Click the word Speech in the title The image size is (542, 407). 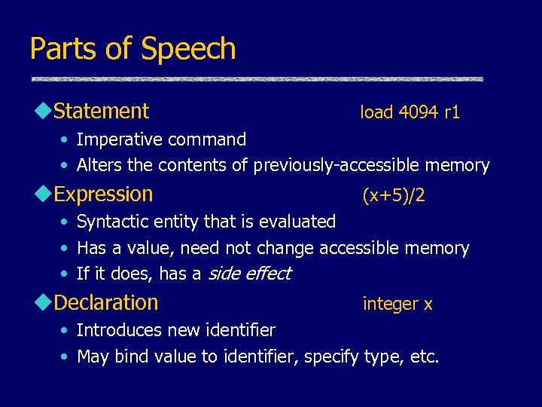tap(188, 50)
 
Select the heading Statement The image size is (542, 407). tap(102, 112)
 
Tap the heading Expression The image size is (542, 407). tap(104, 194)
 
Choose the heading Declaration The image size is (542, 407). tap(106, 303)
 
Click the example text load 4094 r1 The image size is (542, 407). tap(410, 113)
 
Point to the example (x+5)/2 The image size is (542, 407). tap(394, 196)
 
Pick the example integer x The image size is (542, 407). tap(397, 304)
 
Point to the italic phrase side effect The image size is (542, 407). tap(248, 274)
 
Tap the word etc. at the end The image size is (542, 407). tap(425, 357)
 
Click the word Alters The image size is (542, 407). tap(97, 166)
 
